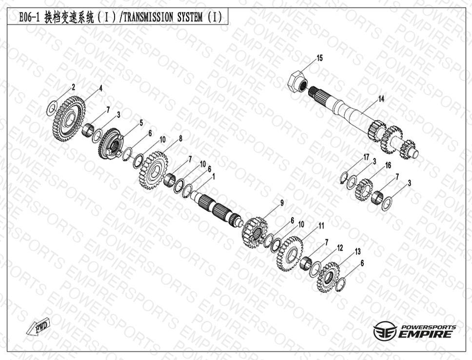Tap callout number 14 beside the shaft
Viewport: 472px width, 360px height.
coord(381,98)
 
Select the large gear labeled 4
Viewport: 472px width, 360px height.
coord(69,119)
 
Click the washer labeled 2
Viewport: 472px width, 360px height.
coord(52,108)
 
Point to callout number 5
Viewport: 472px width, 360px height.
coord(141,123)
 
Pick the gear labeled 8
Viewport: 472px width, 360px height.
coord(153,170)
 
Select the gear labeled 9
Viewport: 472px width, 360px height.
coord(255,233)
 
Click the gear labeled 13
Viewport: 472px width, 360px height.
coord(328,277)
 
